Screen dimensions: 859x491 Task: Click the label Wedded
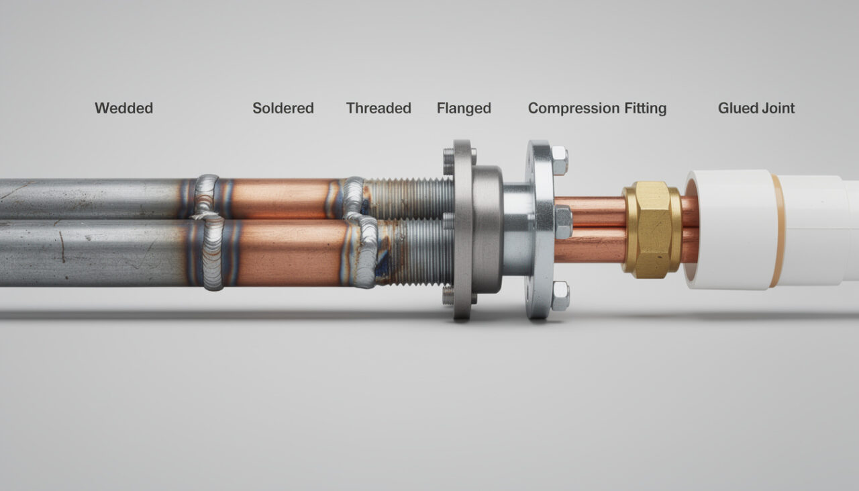click(124, 108)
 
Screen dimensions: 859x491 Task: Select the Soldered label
click(283, 108)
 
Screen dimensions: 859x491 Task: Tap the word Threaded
click(378, 108)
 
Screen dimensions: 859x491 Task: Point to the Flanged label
click(464, 109)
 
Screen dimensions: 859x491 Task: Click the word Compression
click(574, 109)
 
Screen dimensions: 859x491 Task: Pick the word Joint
click(778, 108)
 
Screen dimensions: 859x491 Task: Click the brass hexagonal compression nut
click(652, 230)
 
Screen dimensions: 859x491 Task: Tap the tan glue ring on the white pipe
click(779, 231)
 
